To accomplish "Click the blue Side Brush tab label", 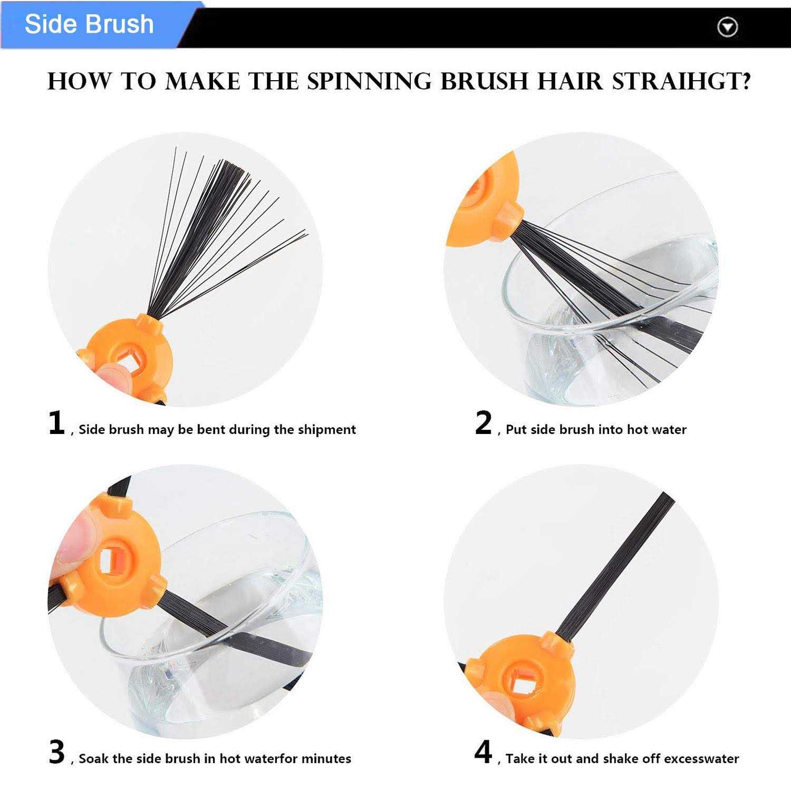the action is [89, 24].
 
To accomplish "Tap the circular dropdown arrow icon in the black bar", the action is [728, 27].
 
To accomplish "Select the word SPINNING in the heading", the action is [371, 82].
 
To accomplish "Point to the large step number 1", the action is [56, 423].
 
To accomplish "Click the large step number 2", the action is [484, 423].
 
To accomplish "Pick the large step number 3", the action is [56, 753].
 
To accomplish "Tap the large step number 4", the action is [484, 753].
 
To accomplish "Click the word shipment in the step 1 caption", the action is [327, 430].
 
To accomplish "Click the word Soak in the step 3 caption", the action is [93, 759].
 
